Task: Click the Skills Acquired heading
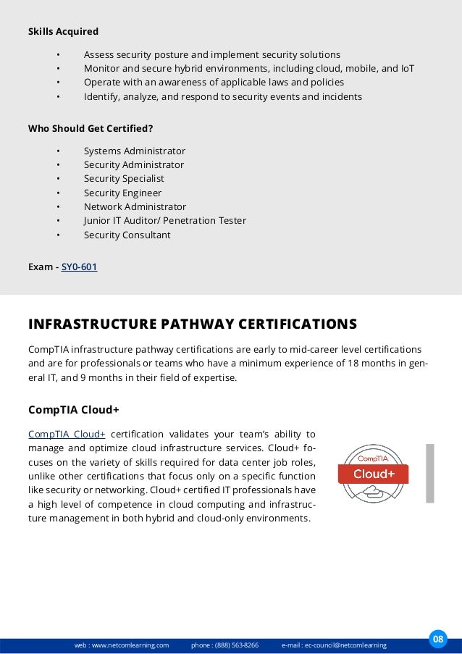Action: pos(63,32)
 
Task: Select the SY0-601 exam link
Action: pos(79,267)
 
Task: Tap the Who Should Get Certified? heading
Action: pos(90,128)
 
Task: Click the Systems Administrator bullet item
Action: pos(134,151)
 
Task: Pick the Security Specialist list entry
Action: pos(124,179)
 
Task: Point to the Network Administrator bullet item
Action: pos(135,207)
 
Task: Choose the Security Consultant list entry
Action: pos(127,235)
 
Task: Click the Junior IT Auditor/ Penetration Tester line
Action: pos(164,221)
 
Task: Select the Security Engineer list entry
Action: pos(122,193)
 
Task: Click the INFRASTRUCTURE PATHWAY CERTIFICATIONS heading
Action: pos(192,323)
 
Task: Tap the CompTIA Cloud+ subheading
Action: pos(73,410)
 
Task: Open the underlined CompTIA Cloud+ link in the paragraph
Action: pos(67,434)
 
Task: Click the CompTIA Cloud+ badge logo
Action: pos(373,474)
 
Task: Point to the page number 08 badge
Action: pos(437,638)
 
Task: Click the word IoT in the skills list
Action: pos(408,69)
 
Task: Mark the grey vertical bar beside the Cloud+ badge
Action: pos(430,473)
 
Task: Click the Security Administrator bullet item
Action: pos(134,165)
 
